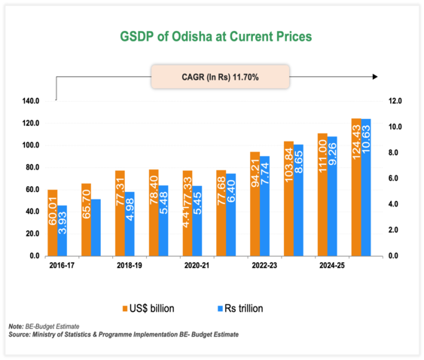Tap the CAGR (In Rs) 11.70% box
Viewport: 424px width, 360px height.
tap(221, 77)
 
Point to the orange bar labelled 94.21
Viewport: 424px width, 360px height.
tap(255, 204)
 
